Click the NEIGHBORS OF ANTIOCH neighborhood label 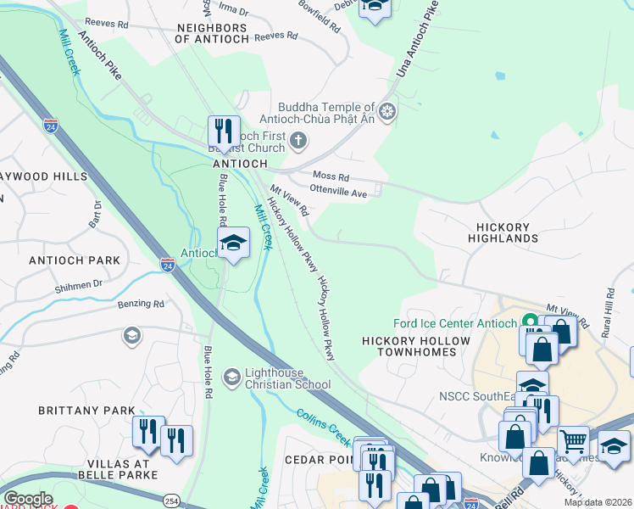click(212, 33)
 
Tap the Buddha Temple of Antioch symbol click(387, 112)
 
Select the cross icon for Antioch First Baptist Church click(298, 141)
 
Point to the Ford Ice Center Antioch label click(455, 323)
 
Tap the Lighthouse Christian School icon click(231, 376)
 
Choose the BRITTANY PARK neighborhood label click(86, 411)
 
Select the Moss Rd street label click(331, 176)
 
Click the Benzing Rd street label click(141, 303)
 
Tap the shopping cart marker click(574, 440)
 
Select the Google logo click(28, 500)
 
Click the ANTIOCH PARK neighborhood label click(74, 260)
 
